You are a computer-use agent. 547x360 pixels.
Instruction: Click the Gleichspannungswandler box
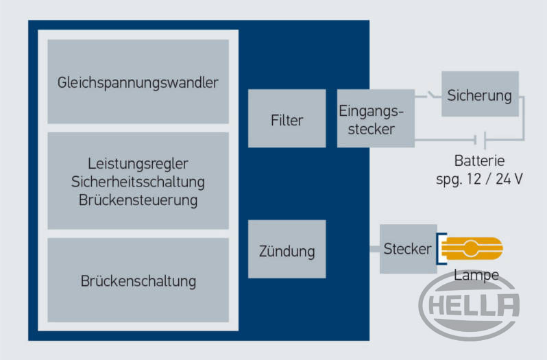click(138, 82)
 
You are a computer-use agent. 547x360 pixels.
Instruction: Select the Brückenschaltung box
click(138, 280)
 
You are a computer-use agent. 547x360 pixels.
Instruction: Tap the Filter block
click(287, 119)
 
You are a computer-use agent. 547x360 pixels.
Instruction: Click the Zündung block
click(287, 251)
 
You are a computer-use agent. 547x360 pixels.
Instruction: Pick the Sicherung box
click(479, 95)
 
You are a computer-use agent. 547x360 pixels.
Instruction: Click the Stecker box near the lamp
click(408, 249)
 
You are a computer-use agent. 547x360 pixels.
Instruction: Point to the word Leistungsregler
click(138, 164)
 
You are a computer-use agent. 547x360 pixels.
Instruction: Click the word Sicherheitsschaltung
click(138, 182)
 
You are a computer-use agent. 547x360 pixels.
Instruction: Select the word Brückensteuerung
click(138, 200)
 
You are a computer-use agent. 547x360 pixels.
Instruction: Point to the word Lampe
click(476, 276)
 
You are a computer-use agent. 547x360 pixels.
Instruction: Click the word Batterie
click(479, 162)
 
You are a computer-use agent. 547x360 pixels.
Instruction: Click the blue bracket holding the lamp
click(443, 248)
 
